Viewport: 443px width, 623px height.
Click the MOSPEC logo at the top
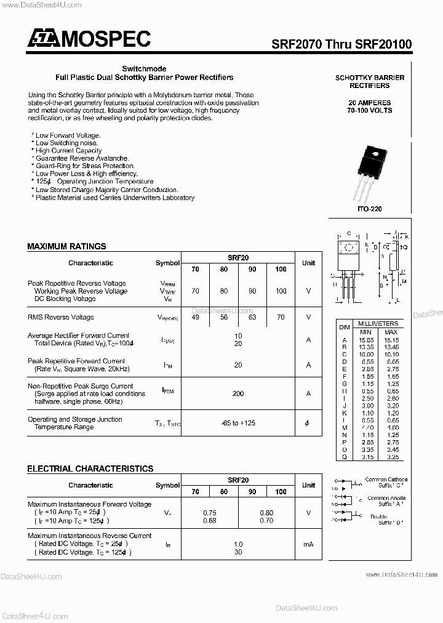pyautogui.click(x=89, y=39)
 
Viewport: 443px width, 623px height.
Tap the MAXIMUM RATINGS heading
pyautogui.click(x=66, y=246)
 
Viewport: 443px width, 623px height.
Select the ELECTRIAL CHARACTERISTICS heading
pyautogui.click(x=90, y=468)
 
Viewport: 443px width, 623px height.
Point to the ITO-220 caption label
pyautogui.click(x=370, y=209)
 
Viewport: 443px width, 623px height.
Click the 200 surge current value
pyautogui.click(x=238, y=393)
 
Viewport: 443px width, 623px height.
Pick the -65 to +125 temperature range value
pyautogui.click(x=238, y=423)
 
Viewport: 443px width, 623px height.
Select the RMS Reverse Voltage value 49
pyautogui.click(x=195, y=318)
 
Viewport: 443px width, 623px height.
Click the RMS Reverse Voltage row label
pyautogui.click(x=61, y=318)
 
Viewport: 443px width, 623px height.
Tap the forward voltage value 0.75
pyautogui.click(x=210, y=512)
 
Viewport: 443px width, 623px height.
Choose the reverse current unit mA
pyautogui.click(x=308, y=544)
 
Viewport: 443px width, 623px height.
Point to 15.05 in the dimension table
pyautogui.click(x=367, y=339)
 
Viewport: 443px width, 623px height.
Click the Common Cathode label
pyautogui.click(x=386, y=480)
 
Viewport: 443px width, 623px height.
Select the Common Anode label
pyautogui.click(x=386, y=498)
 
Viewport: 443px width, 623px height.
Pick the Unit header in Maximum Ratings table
pyautogui.click(x=308, y=263)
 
